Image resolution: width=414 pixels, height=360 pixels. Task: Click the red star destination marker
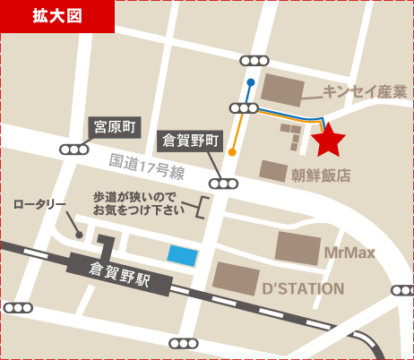(x=329, y=139)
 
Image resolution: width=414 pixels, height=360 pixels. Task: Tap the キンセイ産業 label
(x=365, y=91)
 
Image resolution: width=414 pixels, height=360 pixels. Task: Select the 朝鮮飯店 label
(x=321, y=176)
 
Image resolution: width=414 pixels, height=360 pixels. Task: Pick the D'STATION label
(x=303, y=288)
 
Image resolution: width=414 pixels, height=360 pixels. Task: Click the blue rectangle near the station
(x=183, y=255)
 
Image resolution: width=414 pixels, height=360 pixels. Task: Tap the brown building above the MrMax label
(x=298, y=248)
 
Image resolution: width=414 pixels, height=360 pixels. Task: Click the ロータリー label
(x=39, y=204)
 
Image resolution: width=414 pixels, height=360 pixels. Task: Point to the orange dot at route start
(x=232, y=152)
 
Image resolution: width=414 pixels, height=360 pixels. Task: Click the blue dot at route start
(x=250, y=82)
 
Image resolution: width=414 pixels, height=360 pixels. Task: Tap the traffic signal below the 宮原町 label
(x=72, y=150)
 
